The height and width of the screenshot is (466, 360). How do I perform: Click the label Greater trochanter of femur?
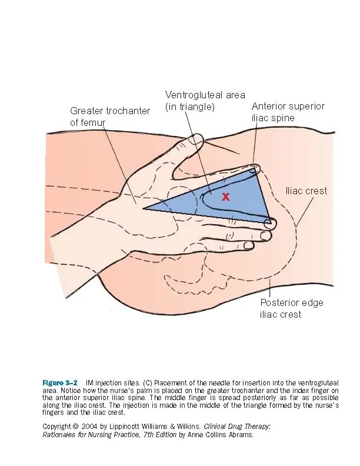pos(110,116)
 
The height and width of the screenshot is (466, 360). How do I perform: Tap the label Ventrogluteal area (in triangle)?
pos(205,101)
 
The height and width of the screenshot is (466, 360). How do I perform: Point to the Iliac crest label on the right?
pos(306,191)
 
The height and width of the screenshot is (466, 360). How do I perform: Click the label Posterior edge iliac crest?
pos(291,308)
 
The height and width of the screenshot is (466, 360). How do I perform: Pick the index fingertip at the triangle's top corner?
pos(255,170)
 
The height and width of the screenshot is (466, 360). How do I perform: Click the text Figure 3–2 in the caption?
pos(59,382)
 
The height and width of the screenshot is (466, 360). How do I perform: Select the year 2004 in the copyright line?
pos(92,426)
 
